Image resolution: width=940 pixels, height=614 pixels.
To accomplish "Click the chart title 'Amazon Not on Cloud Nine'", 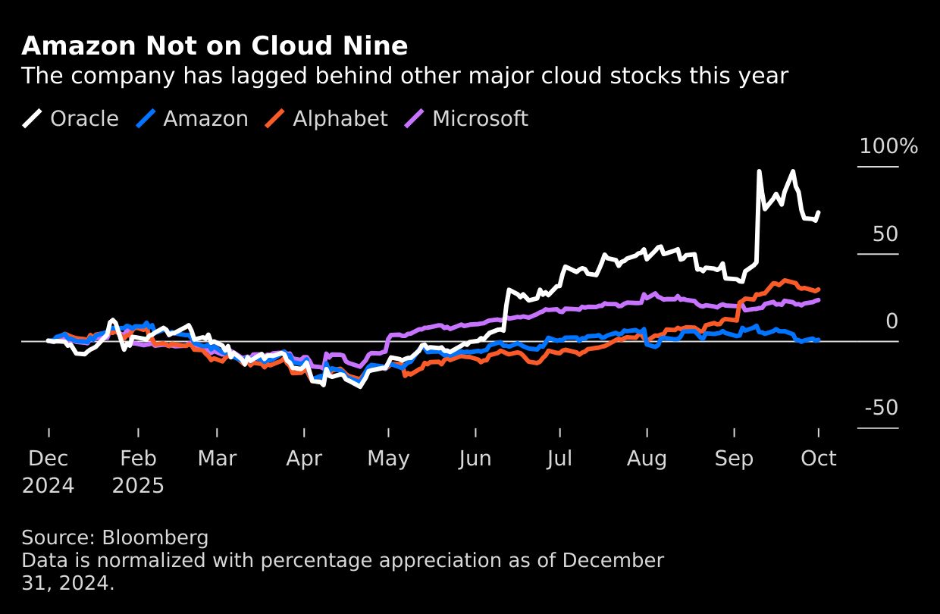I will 215,47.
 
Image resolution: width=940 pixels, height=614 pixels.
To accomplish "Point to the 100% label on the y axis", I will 888,147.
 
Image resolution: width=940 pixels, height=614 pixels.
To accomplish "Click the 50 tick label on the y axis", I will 885,234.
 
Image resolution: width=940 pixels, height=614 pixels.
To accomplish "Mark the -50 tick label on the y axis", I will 881,409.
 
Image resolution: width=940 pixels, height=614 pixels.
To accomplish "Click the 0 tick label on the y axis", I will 891,321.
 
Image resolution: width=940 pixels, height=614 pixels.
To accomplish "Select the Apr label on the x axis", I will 304,459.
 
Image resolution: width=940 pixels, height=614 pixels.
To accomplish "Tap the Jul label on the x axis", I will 559,459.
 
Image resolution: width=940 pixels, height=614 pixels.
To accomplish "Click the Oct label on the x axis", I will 819,459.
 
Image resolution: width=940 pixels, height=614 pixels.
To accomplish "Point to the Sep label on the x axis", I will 734,459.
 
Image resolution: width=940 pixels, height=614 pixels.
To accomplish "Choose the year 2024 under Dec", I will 48,486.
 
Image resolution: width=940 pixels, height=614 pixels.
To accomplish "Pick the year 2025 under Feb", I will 138,486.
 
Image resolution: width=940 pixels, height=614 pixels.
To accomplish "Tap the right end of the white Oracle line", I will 819,212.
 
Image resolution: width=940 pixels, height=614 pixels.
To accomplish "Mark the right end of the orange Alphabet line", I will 819,289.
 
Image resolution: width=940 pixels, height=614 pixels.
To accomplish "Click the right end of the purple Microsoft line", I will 819,300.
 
